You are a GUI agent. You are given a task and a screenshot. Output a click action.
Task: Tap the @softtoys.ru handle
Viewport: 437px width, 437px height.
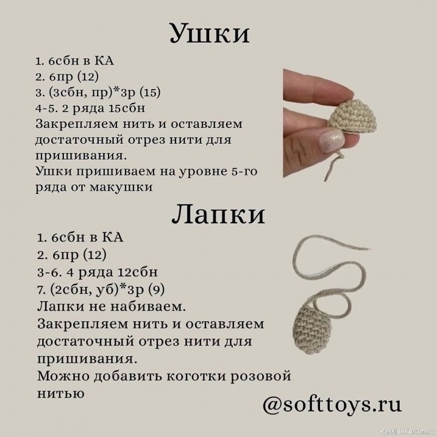[x=332, y=405]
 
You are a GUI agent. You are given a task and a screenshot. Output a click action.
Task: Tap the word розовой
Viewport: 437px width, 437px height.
[x=261, y=377]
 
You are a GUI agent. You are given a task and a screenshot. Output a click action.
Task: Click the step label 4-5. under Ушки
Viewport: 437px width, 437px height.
[x=46, y=108]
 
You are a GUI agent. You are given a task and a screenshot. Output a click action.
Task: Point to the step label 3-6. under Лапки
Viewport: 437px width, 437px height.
[x=50, y=271]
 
